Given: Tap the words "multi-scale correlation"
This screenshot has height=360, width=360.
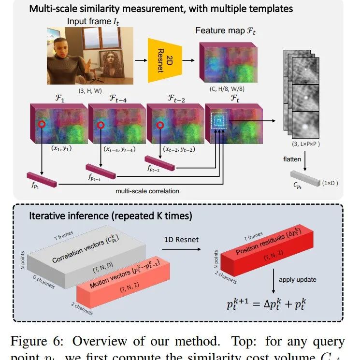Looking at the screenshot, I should [147, 191].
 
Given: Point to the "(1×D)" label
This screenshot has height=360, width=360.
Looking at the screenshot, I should [330, 183].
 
